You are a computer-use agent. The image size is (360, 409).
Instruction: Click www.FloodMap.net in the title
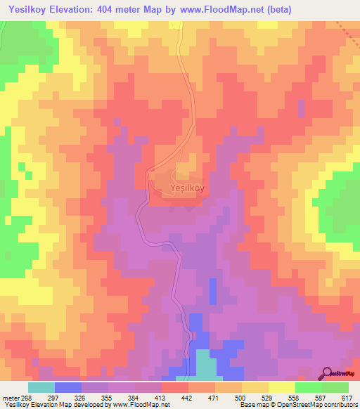(219, 8)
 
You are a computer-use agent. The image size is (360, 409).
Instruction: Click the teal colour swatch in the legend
(41, 387)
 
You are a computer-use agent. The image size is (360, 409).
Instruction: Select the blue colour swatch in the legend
(68, 387)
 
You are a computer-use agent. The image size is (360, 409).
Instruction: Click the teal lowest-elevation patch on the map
(205, 365)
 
